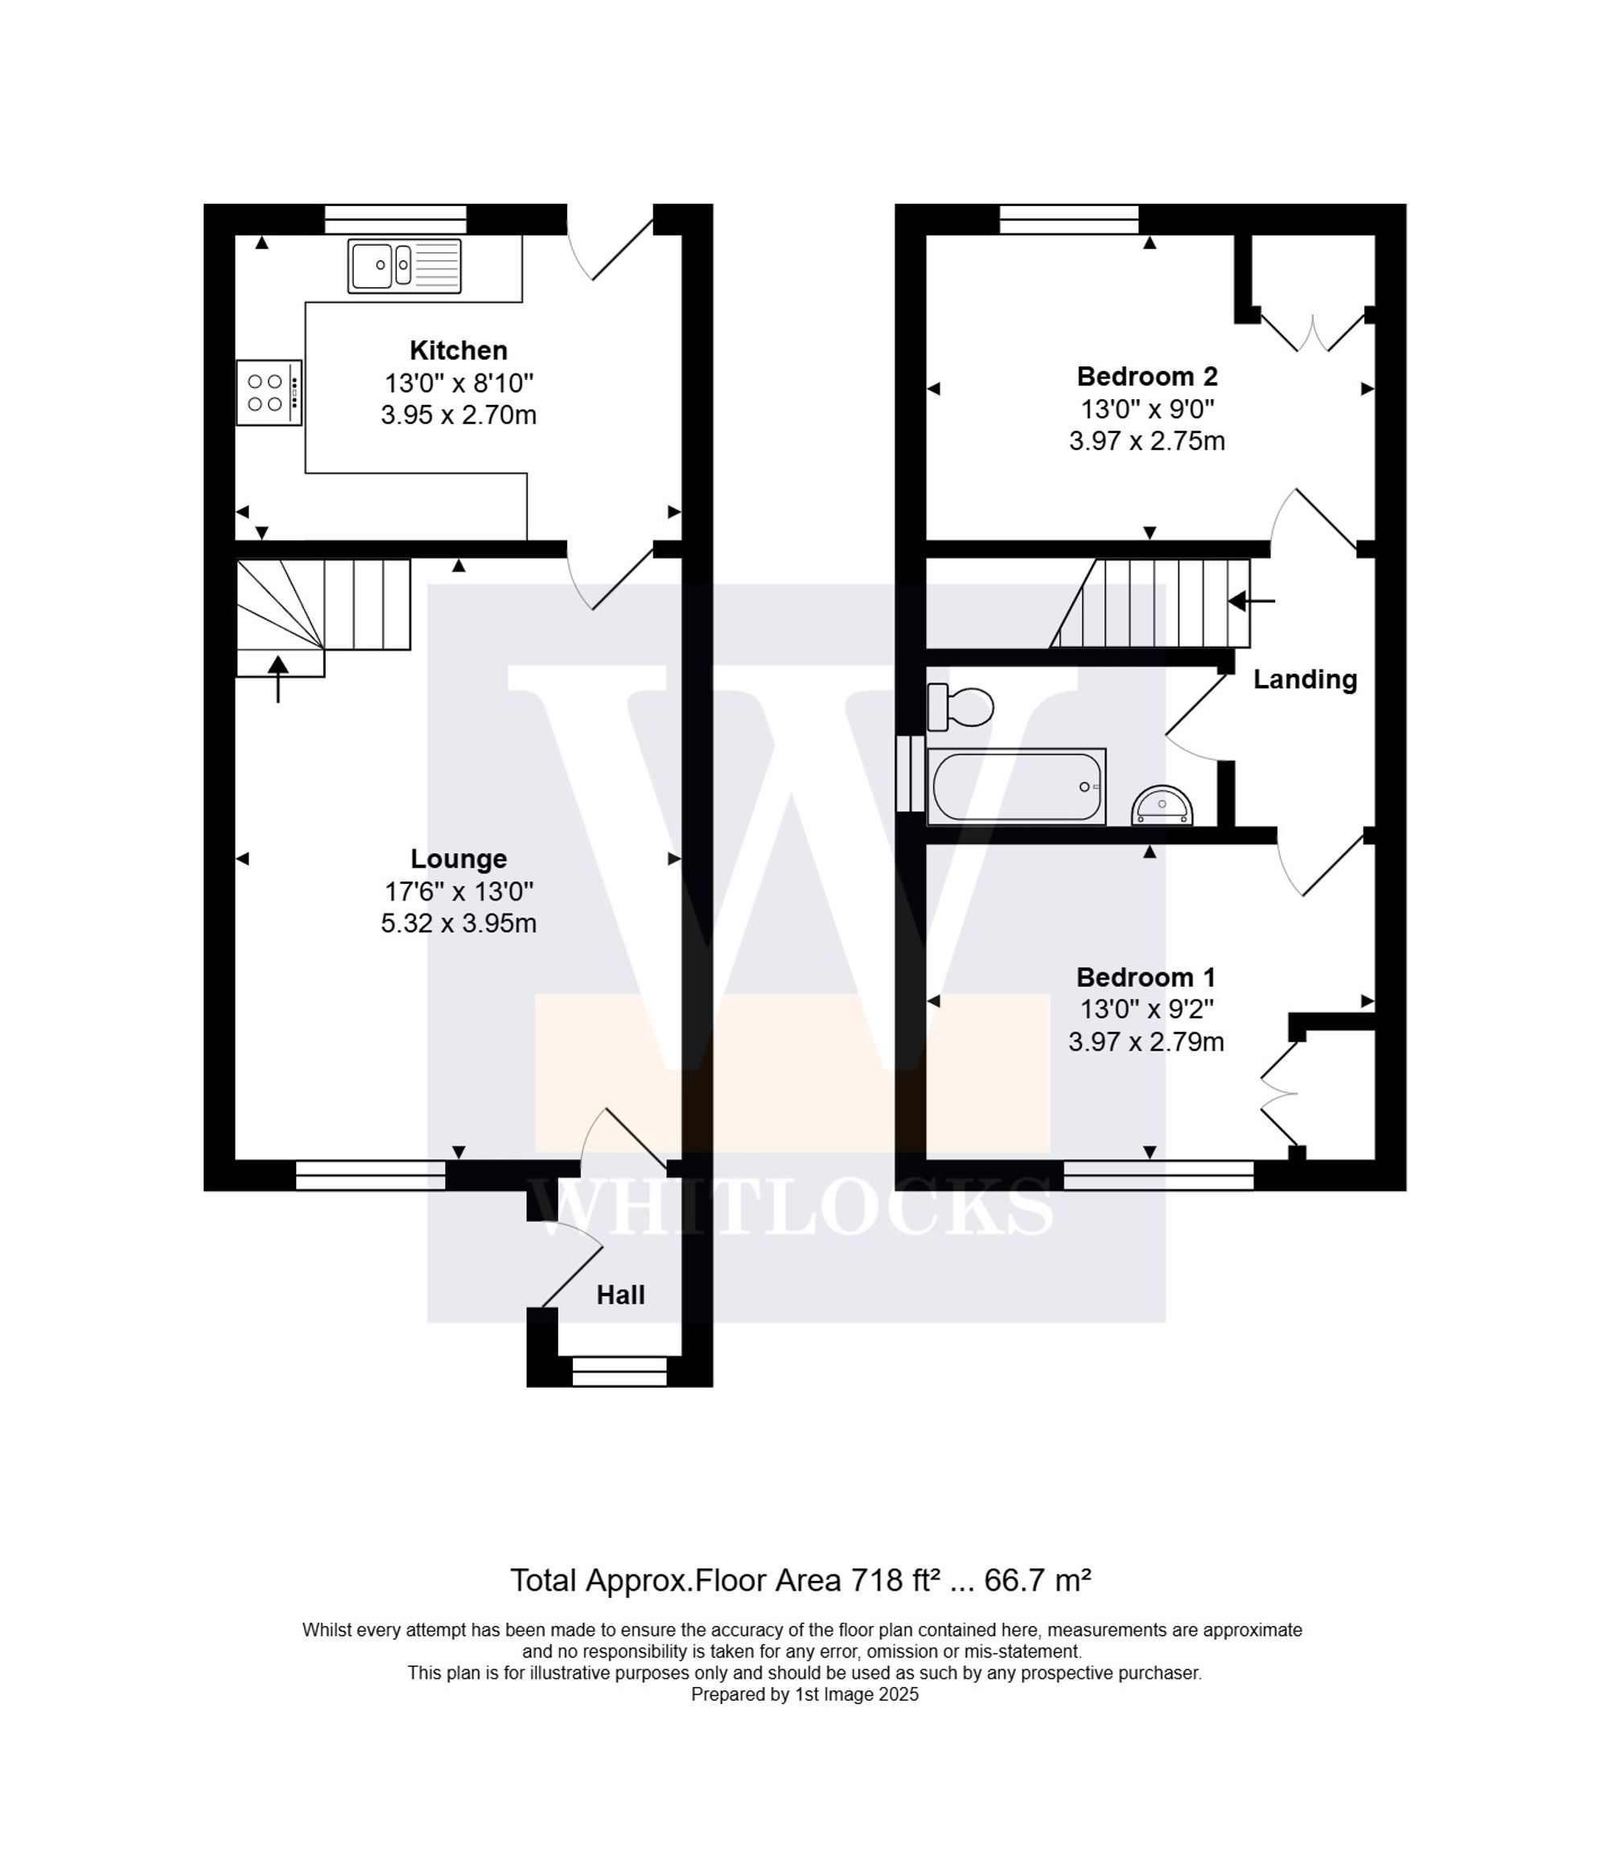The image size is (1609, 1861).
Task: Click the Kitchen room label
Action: click(458, 350)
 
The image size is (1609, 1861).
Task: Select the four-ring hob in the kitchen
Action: click(268, 393)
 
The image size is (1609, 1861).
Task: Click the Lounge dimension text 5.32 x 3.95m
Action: click(458, 923)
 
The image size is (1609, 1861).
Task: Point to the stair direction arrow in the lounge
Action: click(278, 677)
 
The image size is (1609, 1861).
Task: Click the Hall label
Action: click(620, 1294)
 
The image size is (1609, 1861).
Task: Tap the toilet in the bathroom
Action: click(961, 707)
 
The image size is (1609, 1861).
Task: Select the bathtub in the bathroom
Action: click(1016, 786)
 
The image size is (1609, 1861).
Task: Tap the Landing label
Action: click(1304, 680)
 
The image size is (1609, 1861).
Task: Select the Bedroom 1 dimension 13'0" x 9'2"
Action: click(1146, 1009)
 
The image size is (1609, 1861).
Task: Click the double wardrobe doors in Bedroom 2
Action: click(1313, 332)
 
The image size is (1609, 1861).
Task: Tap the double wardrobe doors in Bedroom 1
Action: click(1278, 1093)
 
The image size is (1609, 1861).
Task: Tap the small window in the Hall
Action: click(619, 1371)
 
